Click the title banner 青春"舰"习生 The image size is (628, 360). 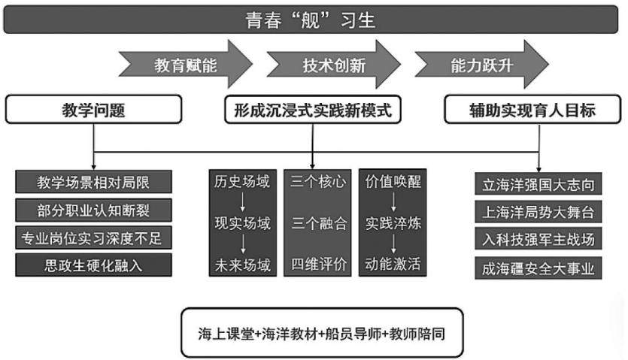coord(311,20)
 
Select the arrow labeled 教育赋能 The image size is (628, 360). coord(186,65)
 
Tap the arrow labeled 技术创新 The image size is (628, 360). coord(334,65)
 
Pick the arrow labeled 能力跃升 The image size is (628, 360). coord(482,65)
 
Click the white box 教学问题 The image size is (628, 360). coord(93,109)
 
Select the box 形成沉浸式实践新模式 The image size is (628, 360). coord(313,109)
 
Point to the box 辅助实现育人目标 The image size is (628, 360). coord(532,109)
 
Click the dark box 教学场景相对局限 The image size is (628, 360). coord(93,182)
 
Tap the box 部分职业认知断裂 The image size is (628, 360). coord(93,210)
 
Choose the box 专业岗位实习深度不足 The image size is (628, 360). coord(93,237)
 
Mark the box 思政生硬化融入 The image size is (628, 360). coord(93,265)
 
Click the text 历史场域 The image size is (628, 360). coord(242,181)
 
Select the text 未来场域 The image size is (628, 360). coord(243,265)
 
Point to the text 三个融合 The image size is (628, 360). coord(319,223)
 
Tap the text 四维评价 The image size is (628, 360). coord(319,264)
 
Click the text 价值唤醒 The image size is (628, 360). coord(393,181)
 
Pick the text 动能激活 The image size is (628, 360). coord(393,264)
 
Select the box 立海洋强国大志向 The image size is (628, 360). coord(539,184)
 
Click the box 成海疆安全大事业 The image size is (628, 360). coord(539,268)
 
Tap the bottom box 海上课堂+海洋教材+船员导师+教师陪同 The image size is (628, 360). coord(322,333)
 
